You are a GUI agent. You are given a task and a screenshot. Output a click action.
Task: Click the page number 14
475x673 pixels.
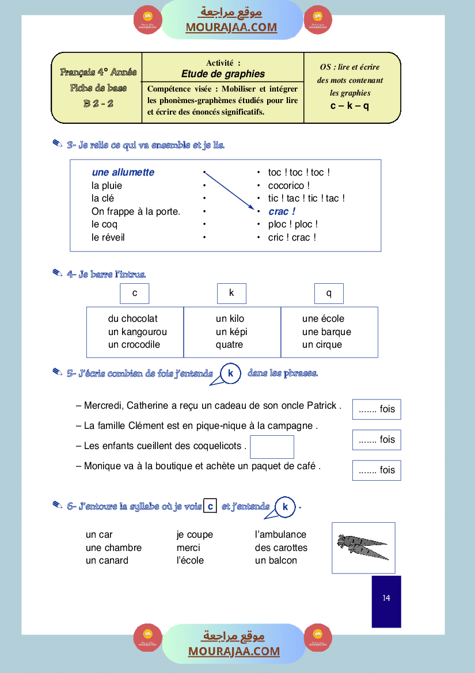386,598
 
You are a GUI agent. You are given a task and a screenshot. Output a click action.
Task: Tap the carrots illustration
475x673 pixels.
363,547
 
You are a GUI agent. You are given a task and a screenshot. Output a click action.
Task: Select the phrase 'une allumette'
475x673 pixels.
123,172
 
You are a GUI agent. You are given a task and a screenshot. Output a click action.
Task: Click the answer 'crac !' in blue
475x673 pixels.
282,211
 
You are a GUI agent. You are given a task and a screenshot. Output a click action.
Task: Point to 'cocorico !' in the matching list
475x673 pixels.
289,185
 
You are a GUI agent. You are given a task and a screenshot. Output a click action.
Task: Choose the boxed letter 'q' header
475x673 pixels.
329,293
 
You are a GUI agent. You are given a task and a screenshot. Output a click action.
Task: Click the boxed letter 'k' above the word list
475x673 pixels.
231,293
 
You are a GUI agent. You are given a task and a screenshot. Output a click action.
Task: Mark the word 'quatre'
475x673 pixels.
229,345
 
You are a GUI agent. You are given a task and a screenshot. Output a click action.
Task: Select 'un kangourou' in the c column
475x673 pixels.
138,332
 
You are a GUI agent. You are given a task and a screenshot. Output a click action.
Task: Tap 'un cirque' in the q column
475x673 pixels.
322,345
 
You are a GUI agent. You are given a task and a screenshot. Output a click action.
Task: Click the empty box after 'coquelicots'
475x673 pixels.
272,447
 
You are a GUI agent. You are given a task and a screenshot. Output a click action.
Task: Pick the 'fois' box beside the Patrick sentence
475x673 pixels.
377,409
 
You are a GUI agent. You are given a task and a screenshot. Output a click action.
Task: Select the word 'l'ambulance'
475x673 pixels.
280,535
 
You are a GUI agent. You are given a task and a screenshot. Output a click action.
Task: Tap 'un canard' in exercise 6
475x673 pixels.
107,561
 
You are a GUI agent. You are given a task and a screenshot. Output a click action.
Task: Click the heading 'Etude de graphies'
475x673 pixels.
223,74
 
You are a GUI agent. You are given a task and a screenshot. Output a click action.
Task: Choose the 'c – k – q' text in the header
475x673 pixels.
349,106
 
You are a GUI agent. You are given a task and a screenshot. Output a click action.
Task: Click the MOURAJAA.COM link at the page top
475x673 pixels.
231,27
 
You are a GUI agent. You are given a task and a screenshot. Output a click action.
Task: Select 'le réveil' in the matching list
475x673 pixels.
108,237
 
